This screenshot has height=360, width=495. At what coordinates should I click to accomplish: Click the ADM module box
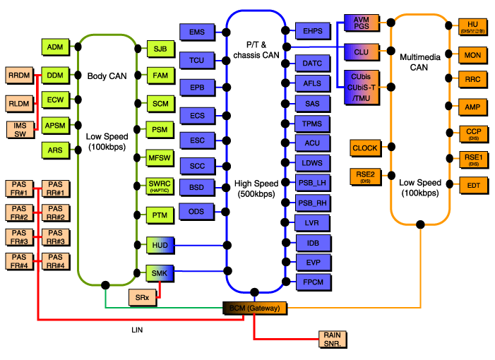pyautogui.click(x=54, y=47)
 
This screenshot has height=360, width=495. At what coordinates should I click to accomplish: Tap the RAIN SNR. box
pyautogui.click(x=332, y=339)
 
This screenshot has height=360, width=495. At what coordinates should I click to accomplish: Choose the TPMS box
pyautogui.click(x=312, y=124)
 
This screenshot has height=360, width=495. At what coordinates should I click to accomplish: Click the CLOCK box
pyautogui.click(x=365, y=148)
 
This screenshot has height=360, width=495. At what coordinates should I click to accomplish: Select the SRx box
pyautogui.click(x=142, y=298)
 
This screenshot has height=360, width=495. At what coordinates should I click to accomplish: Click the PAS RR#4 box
pyautogui.click(x=56, y=260)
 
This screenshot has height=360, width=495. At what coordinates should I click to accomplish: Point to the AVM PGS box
pyautogui.click(x=362, y=24)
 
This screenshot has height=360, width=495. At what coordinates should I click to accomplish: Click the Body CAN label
pyautogui.click(x=106, y=76)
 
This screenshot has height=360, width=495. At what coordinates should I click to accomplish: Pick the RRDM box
pyautogui.click(x=19, y=75)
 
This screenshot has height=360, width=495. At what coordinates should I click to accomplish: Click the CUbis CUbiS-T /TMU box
pyautogui.click(x=362, y=87)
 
